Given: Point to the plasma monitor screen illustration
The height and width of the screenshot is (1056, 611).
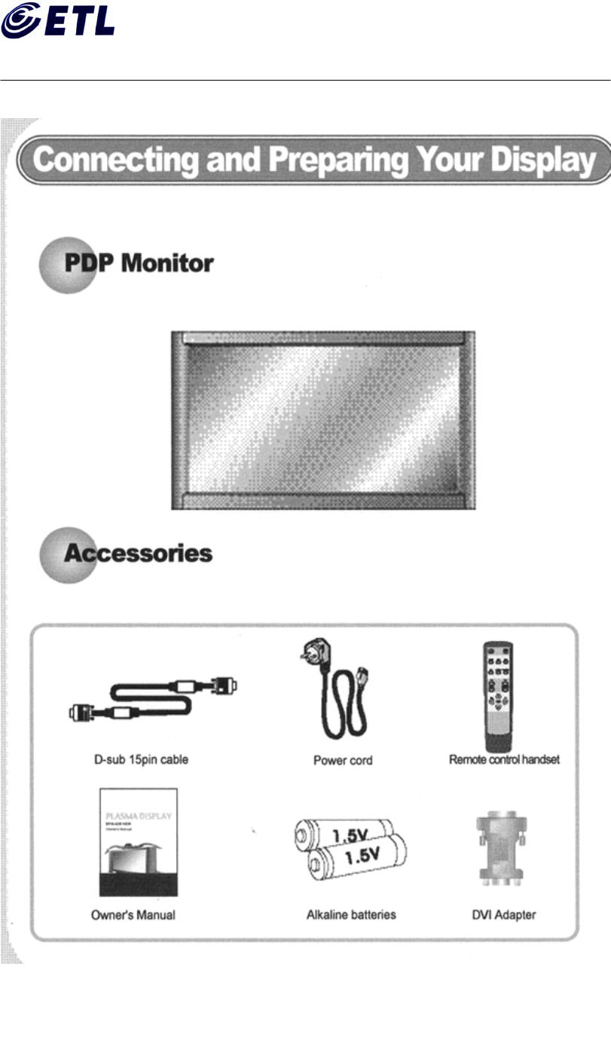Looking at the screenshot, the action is (x=322, y=420).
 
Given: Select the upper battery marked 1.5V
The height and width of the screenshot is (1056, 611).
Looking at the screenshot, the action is (x=343, y=835).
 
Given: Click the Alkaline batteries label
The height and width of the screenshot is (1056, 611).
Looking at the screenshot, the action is (x=351, y=915).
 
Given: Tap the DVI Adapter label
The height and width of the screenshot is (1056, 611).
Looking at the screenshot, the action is (x=503, y=915).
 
